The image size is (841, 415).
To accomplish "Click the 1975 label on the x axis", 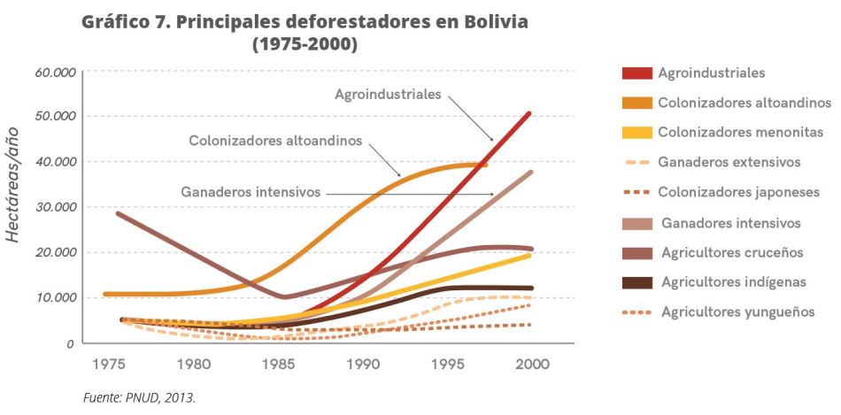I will tap(107, 364).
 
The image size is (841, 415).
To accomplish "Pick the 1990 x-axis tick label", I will tap(362, 364).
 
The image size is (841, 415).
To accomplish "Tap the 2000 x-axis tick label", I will tap(531, 364).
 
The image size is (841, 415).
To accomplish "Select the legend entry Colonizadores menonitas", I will tap(740, 133).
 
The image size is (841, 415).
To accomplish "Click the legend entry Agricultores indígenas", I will tap(733, 282).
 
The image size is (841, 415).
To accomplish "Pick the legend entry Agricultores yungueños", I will tap(737, 312).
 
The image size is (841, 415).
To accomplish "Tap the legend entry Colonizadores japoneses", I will tap(738, 192).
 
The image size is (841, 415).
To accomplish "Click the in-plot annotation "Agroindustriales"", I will tap(387, 93).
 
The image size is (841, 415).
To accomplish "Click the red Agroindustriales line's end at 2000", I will tap(529, 113).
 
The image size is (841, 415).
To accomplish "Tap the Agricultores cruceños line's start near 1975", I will tap(119, 213).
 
